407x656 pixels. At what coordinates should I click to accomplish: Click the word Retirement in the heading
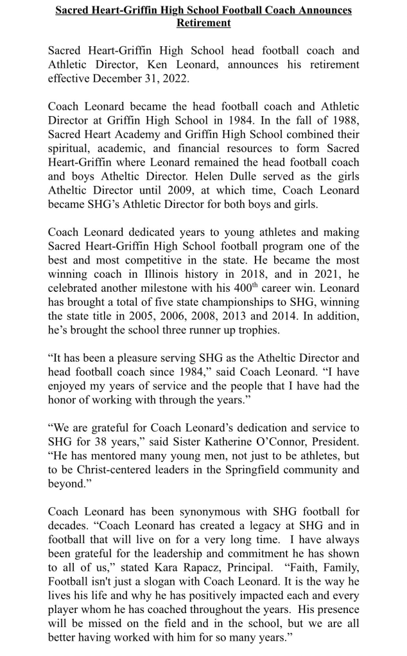(x=203, y=22)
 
